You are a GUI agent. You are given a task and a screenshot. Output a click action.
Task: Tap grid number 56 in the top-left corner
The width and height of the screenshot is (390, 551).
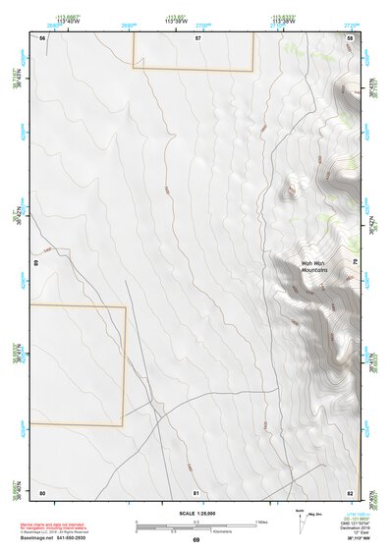click(x=42, y=37)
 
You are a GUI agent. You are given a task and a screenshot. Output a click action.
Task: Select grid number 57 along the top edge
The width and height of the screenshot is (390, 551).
click(x=197, y=37)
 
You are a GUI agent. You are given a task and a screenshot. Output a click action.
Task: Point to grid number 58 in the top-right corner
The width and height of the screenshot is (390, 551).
click(x=350, y=37)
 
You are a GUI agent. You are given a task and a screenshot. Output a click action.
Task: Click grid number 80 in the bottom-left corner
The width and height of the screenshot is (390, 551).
click(x=42, y=491)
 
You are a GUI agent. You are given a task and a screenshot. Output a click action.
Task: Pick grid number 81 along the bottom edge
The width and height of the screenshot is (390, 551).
click(x=196, y=491)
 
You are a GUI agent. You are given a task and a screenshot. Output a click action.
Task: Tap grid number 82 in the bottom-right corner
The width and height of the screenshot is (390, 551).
click(x=350, y=491)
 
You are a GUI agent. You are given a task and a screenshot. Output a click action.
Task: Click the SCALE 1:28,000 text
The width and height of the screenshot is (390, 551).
click(x=196, y=512)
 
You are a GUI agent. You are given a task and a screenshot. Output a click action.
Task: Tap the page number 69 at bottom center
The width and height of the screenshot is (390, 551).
click(x=196, y=540)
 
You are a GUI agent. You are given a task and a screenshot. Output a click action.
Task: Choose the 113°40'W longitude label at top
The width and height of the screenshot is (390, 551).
click(x=68, y=22)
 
